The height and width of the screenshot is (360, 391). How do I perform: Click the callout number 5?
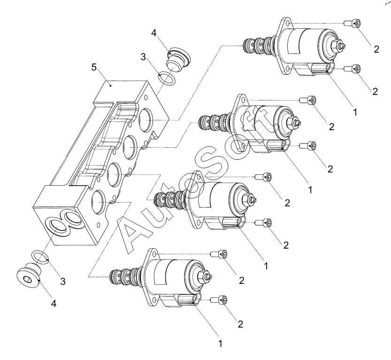[94, 67]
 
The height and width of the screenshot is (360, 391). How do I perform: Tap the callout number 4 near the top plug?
[154, 33]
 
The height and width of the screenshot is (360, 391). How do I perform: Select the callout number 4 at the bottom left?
[54, 304]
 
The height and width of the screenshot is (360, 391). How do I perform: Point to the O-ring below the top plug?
[167, 78]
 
